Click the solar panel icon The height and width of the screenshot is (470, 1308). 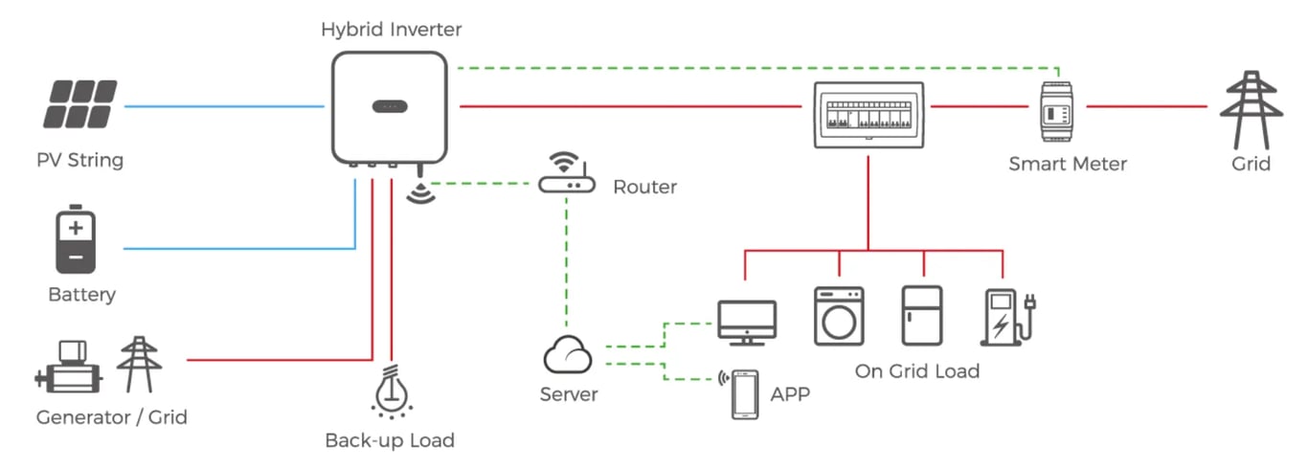pyautogui.click(x=80, y=104)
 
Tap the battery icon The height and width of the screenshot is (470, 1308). pyautogui.click(x=76, y=242)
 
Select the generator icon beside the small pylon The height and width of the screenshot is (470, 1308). pyautogui.click(x=69, y=366)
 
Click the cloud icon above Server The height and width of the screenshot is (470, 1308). pyautogui.click(x=568, y=357)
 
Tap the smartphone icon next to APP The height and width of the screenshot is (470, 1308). pyautogui.click(x=745, y=393)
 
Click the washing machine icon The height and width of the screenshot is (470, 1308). pyautogui.click(x=839, y=316)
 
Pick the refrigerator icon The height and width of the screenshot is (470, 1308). pyautogui.click(x=922, y=315)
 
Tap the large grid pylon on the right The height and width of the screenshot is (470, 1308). pyautogui.click(x=1250, y=108)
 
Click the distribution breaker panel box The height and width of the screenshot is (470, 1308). pyautogui.click(x=868, y=114)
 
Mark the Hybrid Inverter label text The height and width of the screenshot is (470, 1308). pyautogui.click(x=391, y=30)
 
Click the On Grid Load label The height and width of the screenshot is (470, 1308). pyautogui.click(x=916, y=370)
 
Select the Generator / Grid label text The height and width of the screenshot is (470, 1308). pyautogui.click(x=111, y=417)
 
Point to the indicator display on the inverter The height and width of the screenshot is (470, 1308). pyautogui.click(x=389, y=105)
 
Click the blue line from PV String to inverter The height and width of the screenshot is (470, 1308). pyautogui.click(x=225, y=105)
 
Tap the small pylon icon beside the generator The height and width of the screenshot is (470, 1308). pyautogui.click(x=139, y=364)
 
